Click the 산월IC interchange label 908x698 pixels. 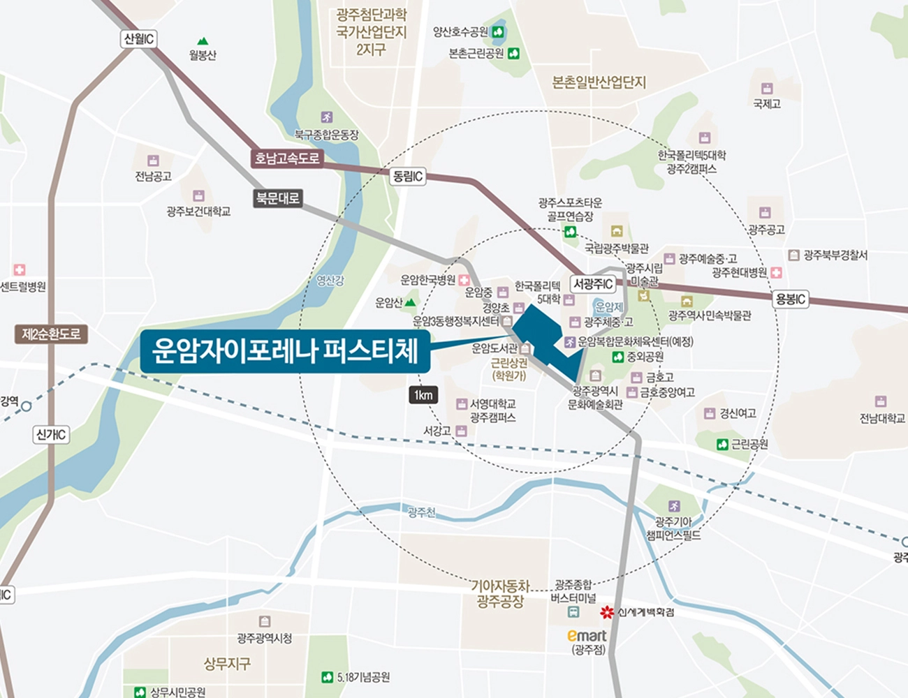pos(138,39)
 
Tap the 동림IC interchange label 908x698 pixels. pos(408,176)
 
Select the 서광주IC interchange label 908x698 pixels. pos(593,284)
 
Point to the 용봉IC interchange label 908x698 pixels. pos(791,299)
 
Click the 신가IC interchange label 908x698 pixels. pos(51,435)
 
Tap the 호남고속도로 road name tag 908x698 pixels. pos(286,158)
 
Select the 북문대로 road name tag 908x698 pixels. pos(277,198)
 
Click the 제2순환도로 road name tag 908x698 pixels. pos(51,334)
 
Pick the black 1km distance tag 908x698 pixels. pos(423,395)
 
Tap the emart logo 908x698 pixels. pos(587,635)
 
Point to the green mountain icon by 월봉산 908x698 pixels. pos(203,41)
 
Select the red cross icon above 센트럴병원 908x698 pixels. pos(20,269)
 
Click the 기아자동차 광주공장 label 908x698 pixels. pos(500,593)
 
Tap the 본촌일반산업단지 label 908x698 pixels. pos(599,82)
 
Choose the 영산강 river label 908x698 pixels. pos(330,281)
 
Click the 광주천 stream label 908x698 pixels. pos(421,512)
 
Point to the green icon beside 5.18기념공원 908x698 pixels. pos(327,677)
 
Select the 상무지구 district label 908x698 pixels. pos(226,663)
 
